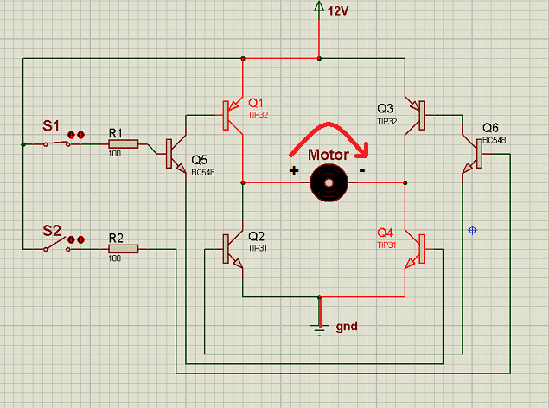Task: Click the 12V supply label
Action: (x=338, y=11)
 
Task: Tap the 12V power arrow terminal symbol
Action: (x=319, y=6)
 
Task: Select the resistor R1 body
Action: (x=124, y=143)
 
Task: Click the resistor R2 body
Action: (x=124, y=249)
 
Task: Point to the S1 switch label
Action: (x=51, y=125)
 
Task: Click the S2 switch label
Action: (x=52, y=231)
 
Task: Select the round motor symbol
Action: (x=329, y=183)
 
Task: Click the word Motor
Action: (x=328, y=155)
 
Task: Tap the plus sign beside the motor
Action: (x=294, y=171)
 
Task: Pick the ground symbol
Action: (x=319, y=328)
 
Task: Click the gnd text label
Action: (x=347, y=327)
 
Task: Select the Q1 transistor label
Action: (x=256, y=103)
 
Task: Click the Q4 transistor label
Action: (x=385, y=233)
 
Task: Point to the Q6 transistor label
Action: (x=490, y=128)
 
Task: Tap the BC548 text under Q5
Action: (x=202, y=172)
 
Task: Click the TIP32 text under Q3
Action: (x=386, y=121)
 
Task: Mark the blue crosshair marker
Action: (x=472, y=230)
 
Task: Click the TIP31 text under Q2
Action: (x=258, y=248)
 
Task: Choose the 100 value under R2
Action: (x=114, y=258)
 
